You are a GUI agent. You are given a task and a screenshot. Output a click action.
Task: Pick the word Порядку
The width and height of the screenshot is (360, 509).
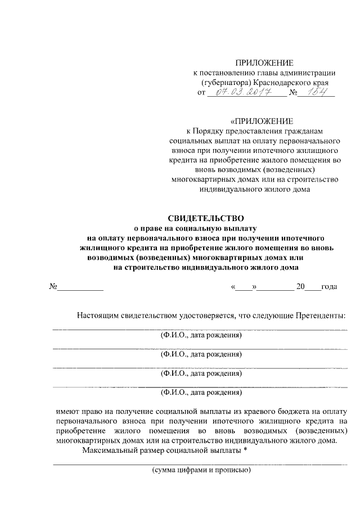coord(210,130)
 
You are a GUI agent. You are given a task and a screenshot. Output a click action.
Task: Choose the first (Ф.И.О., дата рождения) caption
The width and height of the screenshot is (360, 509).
coord(201,335)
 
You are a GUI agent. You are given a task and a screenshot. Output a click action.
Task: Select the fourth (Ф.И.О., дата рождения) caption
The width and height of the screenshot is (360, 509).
coord(201,392)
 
